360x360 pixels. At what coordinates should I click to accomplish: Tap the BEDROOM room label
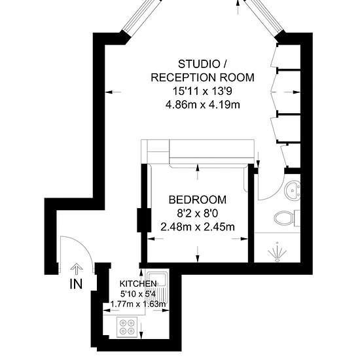tap(198, 200)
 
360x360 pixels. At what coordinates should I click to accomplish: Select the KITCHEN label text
tap(138, 284)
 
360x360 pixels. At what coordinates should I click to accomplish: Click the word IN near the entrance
tap(76, 284)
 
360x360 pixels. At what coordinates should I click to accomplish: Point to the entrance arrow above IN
tap(77, 269)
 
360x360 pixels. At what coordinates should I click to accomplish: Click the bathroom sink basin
tap(293, 190)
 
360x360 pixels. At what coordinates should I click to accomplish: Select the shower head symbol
tap(278, 251)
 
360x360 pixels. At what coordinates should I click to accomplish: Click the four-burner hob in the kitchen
tap(127, 327)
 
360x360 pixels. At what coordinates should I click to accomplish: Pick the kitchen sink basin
tap(157, 279)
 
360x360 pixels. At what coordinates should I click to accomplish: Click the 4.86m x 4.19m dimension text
tap(203, 105)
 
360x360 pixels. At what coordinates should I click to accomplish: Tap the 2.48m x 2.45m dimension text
tap(198, 227)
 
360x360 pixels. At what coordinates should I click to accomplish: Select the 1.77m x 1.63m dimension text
tap(138, 304)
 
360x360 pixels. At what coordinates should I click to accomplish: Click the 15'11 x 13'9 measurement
tap(202, 92)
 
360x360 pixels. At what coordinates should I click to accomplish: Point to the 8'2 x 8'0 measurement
tap(198, 214)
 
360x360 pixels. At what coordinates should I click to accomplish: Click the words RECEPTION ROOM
tap(202, 78)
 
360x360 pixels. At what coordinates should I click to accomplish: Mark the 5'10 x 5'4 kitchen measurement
tap(138, 294)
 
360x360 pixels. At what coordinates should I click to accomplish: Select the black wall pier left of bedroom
tap(144, 220)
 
